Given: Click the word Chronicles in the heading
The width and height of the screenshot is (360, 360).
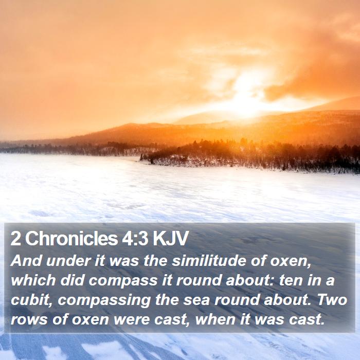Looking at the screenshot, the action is [x=71, y=238].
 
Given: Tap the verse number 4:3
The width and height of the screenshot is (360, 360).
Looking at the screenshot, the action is [x=135, y=239].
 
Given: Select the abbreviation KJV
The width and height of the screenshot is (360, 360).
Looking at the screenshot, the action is [x=171, y=239].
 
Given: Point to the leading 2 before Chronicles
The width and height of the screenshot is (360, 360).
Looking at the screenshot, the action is [x=16, y=239].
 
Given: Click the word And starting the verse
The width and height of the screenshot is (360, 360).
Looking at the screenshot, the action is [x=26, y=261].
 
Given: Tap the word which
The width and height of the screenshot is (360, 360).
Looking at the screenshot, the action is [x=33, y=281].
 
